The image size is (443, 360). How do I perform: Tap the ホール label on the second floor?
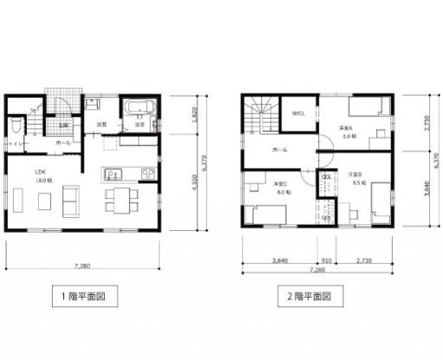pos(279,150)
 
